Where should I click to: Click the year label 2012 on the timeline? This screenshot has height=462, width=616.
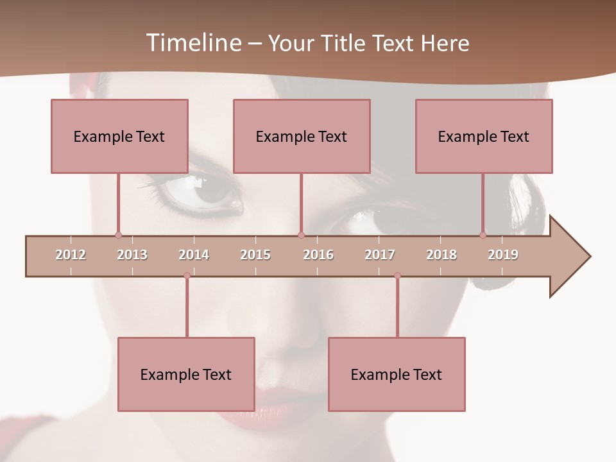pyautogui.click(x=71, y=255)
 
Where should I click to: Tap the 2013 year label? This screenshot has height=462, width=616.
pyautogui.click(x=132, y=255)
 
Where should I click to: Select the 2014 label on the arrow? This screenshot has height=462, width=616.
pyautogui.click(x=194, y=255)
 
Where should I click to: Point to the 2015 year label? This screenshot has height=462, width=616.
pyautogui.click(x=255, y=255)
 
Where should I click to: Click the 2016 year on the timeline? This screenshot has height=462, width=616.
pyautogui.click(x=318, y=255)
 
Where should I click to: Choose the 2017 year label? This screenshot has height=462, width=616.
pyautogui.click(x=380, y=255)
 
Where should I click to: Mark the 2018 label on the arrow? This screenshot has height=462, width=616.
pyautogui.click(x=441, y=255)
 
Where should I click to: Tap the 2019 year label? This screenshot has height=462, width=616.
pyautogui.click(x=503, y=255)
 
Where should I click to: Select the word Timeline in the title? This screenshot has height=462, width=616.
pyautogui.click(x=192, y=43)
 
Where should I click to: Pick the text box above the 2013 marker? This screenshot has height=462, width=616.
pyautogui.click(x=119, y=136)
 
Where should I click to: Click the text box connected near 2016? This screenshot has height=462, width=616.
pyautogui.click(x=302, y=136)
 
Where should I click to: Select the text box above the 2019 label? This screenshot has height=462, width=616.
pyautogui.click(x=484, y=136)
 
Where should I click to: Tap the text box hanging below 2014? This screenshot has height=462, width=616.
pyautogui.click(x=186, y=374)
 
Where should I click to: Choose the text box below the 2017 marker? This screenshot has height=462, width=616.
pyautogui.click(x=397, y=374)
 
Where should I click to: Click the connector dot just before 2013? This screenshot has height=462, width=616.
pyautogui.click(x=118, y=235)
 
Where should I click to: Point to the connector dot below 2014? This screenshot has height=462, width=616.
pyautogui.click(x=187, y=276)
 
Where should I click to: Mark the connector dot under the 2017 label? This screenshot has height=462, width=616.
pyautogui.click(x=397, y=276)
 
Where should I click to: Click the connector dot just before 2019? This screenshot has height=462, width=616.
pyautogui.click(x=483, y=235)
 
